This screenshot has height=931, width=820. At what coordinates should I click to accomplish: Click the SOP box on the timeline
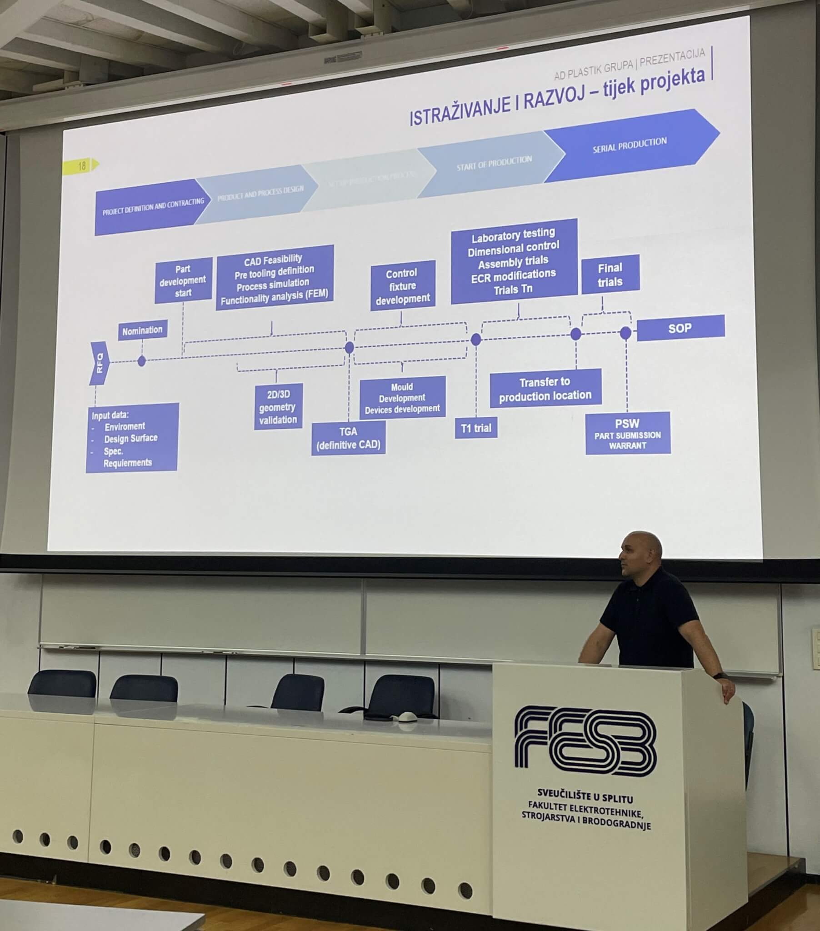point(680,328)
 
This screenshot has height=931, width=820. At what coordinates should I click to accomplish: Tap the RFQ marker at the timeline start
point(100,363)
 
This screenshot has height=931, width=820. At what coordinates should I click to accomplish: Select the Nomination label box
point(143,330)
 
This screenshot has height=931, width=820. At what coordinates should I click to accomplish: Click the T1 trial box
point(476,428)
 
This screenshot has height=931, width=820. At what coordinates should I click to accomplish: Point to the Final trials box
point(610,274)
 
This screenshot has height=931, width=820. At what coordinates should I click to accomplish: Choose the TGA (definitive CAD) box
point(349,438)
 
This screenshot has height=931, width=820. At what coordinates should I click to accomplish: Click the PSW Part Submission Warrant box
point(627,433)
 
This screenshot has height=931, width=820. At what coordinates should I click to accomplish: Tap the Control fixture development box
point(403,286)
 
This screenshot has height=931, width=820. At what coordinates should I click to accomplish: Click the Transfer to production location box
point(545,388)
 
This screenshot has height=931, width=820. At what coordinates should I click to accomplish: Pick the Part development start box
point(183,280)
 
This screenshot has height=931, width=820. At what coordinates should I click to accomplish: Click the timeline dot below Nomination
point(142,361)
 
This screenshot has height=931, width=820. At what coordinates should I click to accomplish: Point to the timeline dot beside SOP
point(625,333)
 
